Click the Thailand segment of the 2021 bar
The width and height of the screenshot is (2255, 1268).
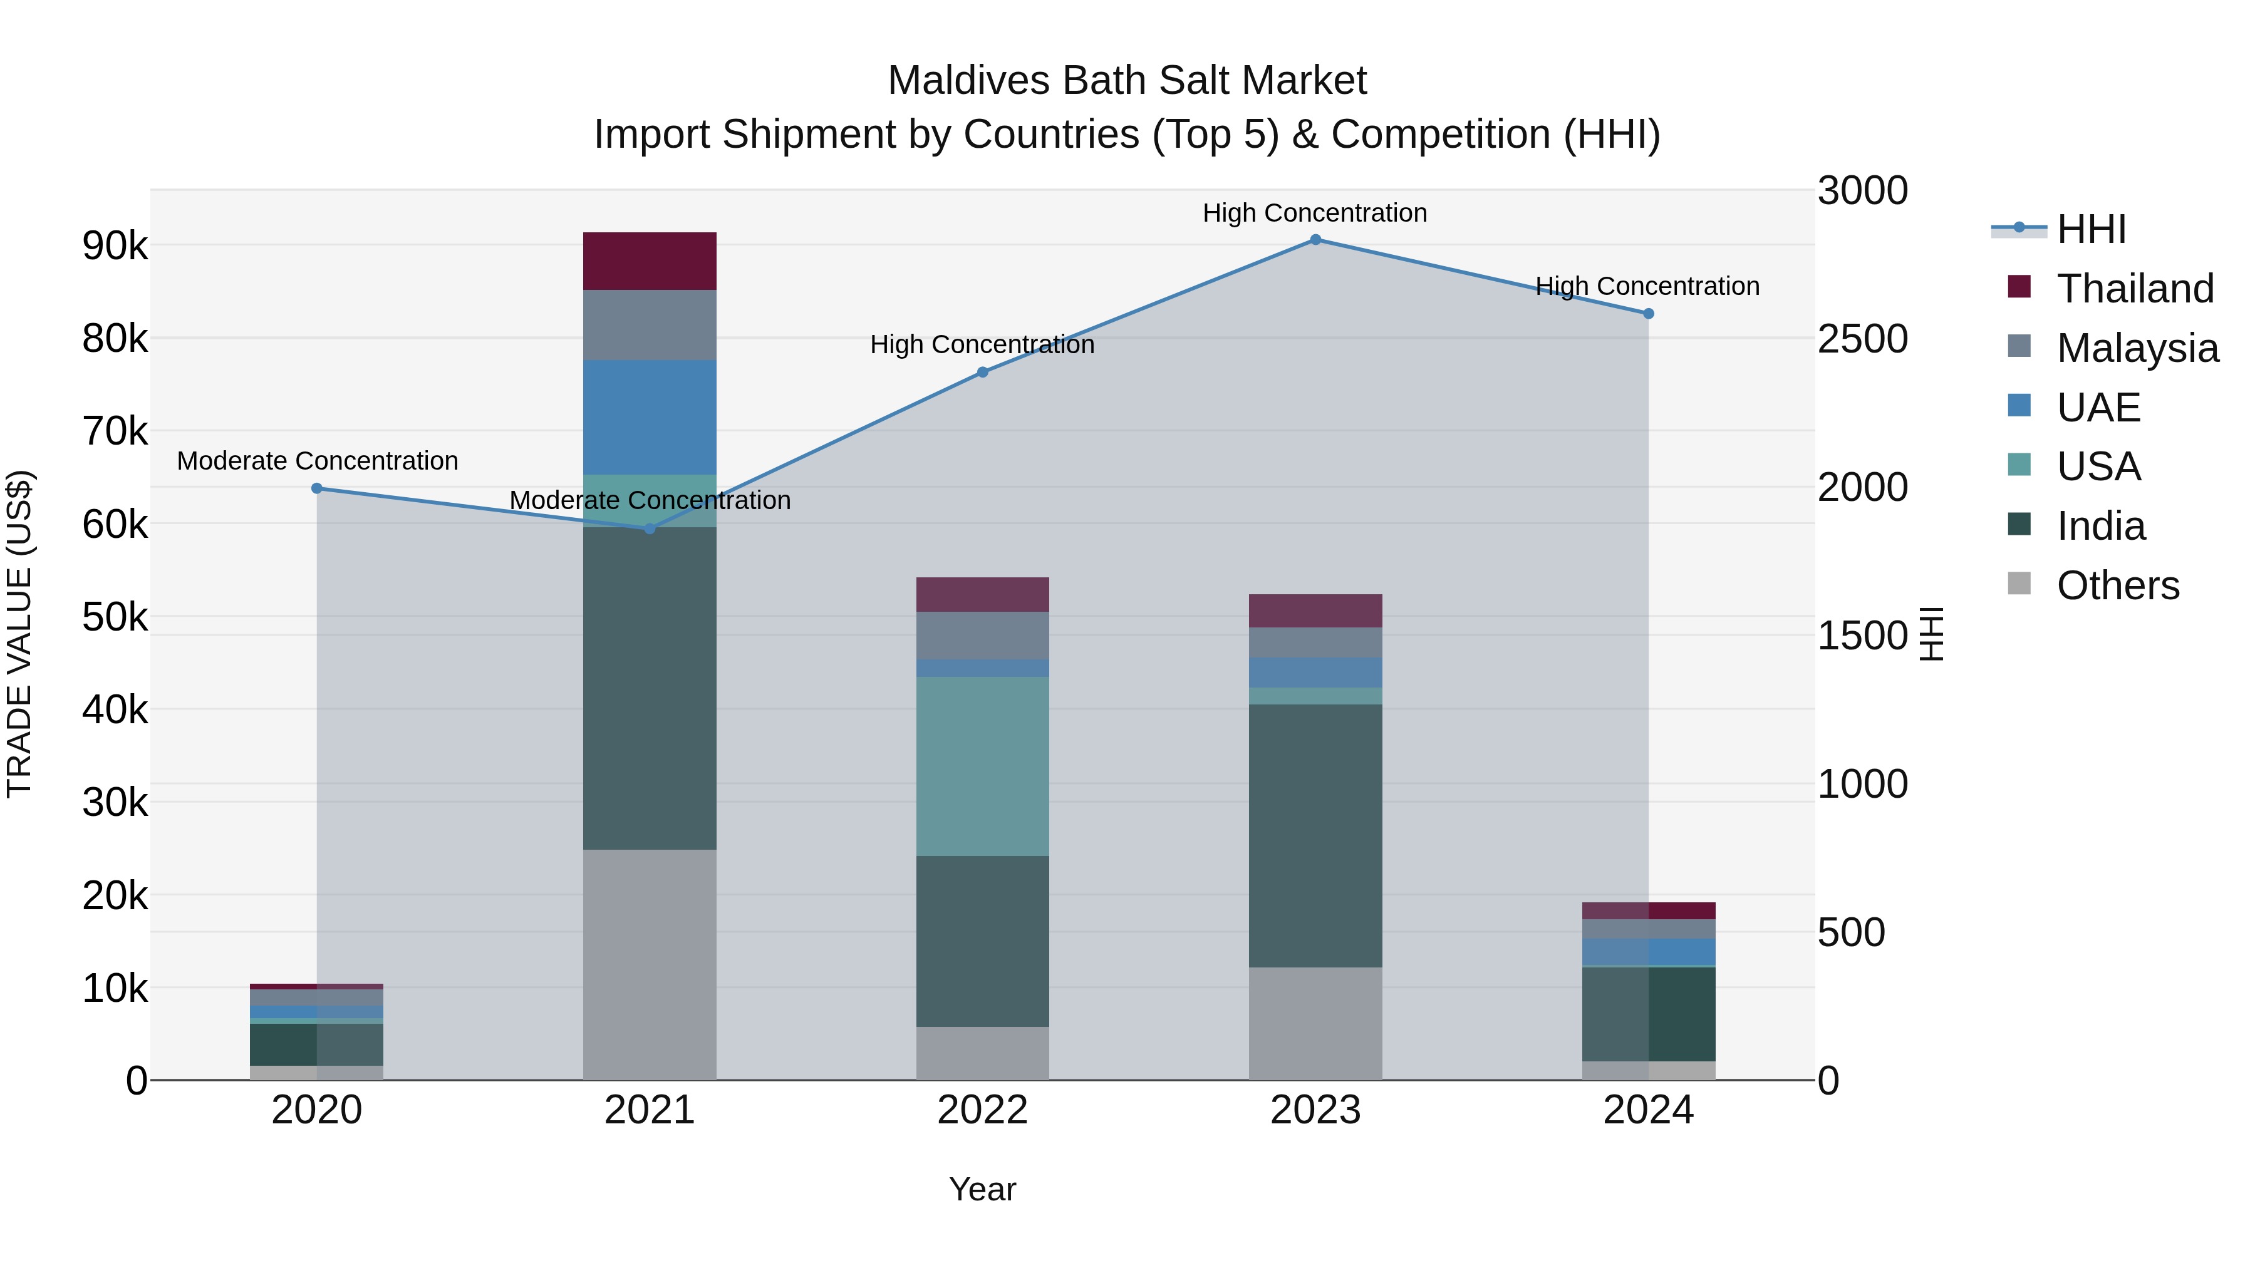[x=650, y=260]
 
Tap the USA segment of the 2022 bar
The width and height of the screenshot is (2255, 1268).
[x=982, y=766]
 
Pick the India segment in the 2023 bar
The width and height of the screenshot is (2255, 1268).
[x=1315, y=836]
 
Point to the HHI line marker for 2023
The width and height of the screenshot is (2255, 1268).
[x=1315, y=240]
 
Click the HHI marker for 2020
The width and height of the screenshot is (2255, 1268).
[x=317, y=488]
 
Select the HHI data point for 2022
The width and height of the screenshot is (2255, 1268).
[x=982, y=372]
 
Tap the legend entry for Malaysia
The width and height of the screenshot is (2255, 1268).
[x=2136, y=348]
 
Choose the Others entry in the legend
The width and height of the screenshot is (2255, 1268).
[x=2117, y=585]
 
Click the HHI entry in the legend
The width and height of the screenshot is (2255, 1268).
[x=2090, y=229]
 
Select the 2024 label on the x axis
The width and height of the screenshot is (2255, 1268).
[x=1647, y=1110]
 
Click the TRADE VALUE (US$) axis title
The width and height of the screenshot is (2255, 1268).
[x=19, y=634]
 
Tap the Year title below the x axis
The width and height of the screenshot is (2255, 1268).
[x=982, y=1189]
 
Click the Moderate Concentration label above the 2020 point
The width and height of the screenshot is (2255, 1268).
[x=317, y=460]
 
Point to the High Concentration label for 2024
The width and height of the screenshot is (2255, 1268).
[x=1647, y=286]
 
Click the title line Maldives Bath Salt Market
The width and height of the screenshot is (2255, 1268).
[x=1127, y=81]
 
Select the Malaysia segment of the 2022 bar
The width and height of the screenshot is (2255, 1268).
[x=982, y=636]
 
